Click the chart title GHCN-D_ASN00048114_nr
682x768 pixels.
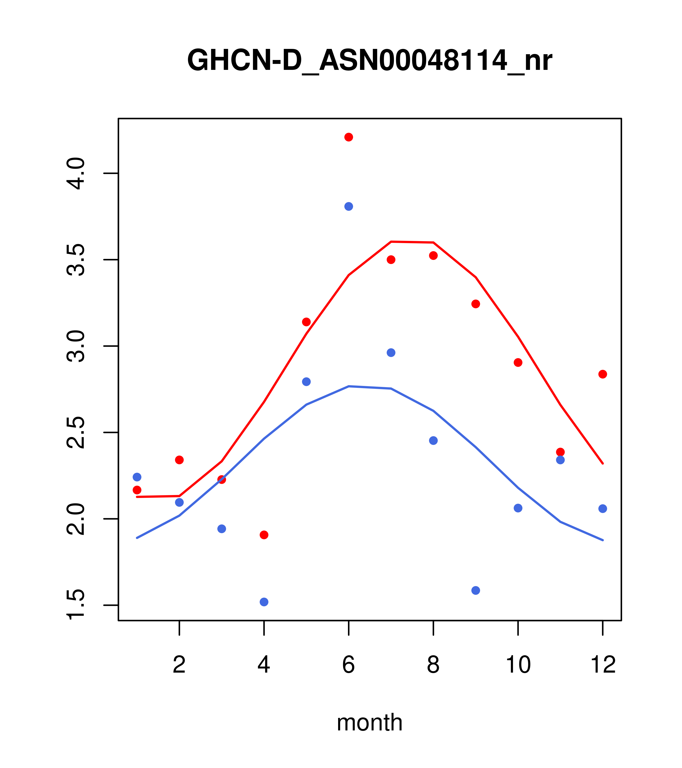[x=369, y=60]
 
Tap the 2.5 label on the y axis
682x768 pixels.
[x=75, y=432]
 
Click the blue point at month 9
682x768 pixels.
[x=476, y=590]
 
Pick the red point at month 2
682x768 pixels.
[x=180, y=460]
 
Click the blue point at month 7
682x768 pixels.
[x=391, y=352]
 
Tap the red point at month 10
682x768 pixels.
[x=518, y=362]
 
